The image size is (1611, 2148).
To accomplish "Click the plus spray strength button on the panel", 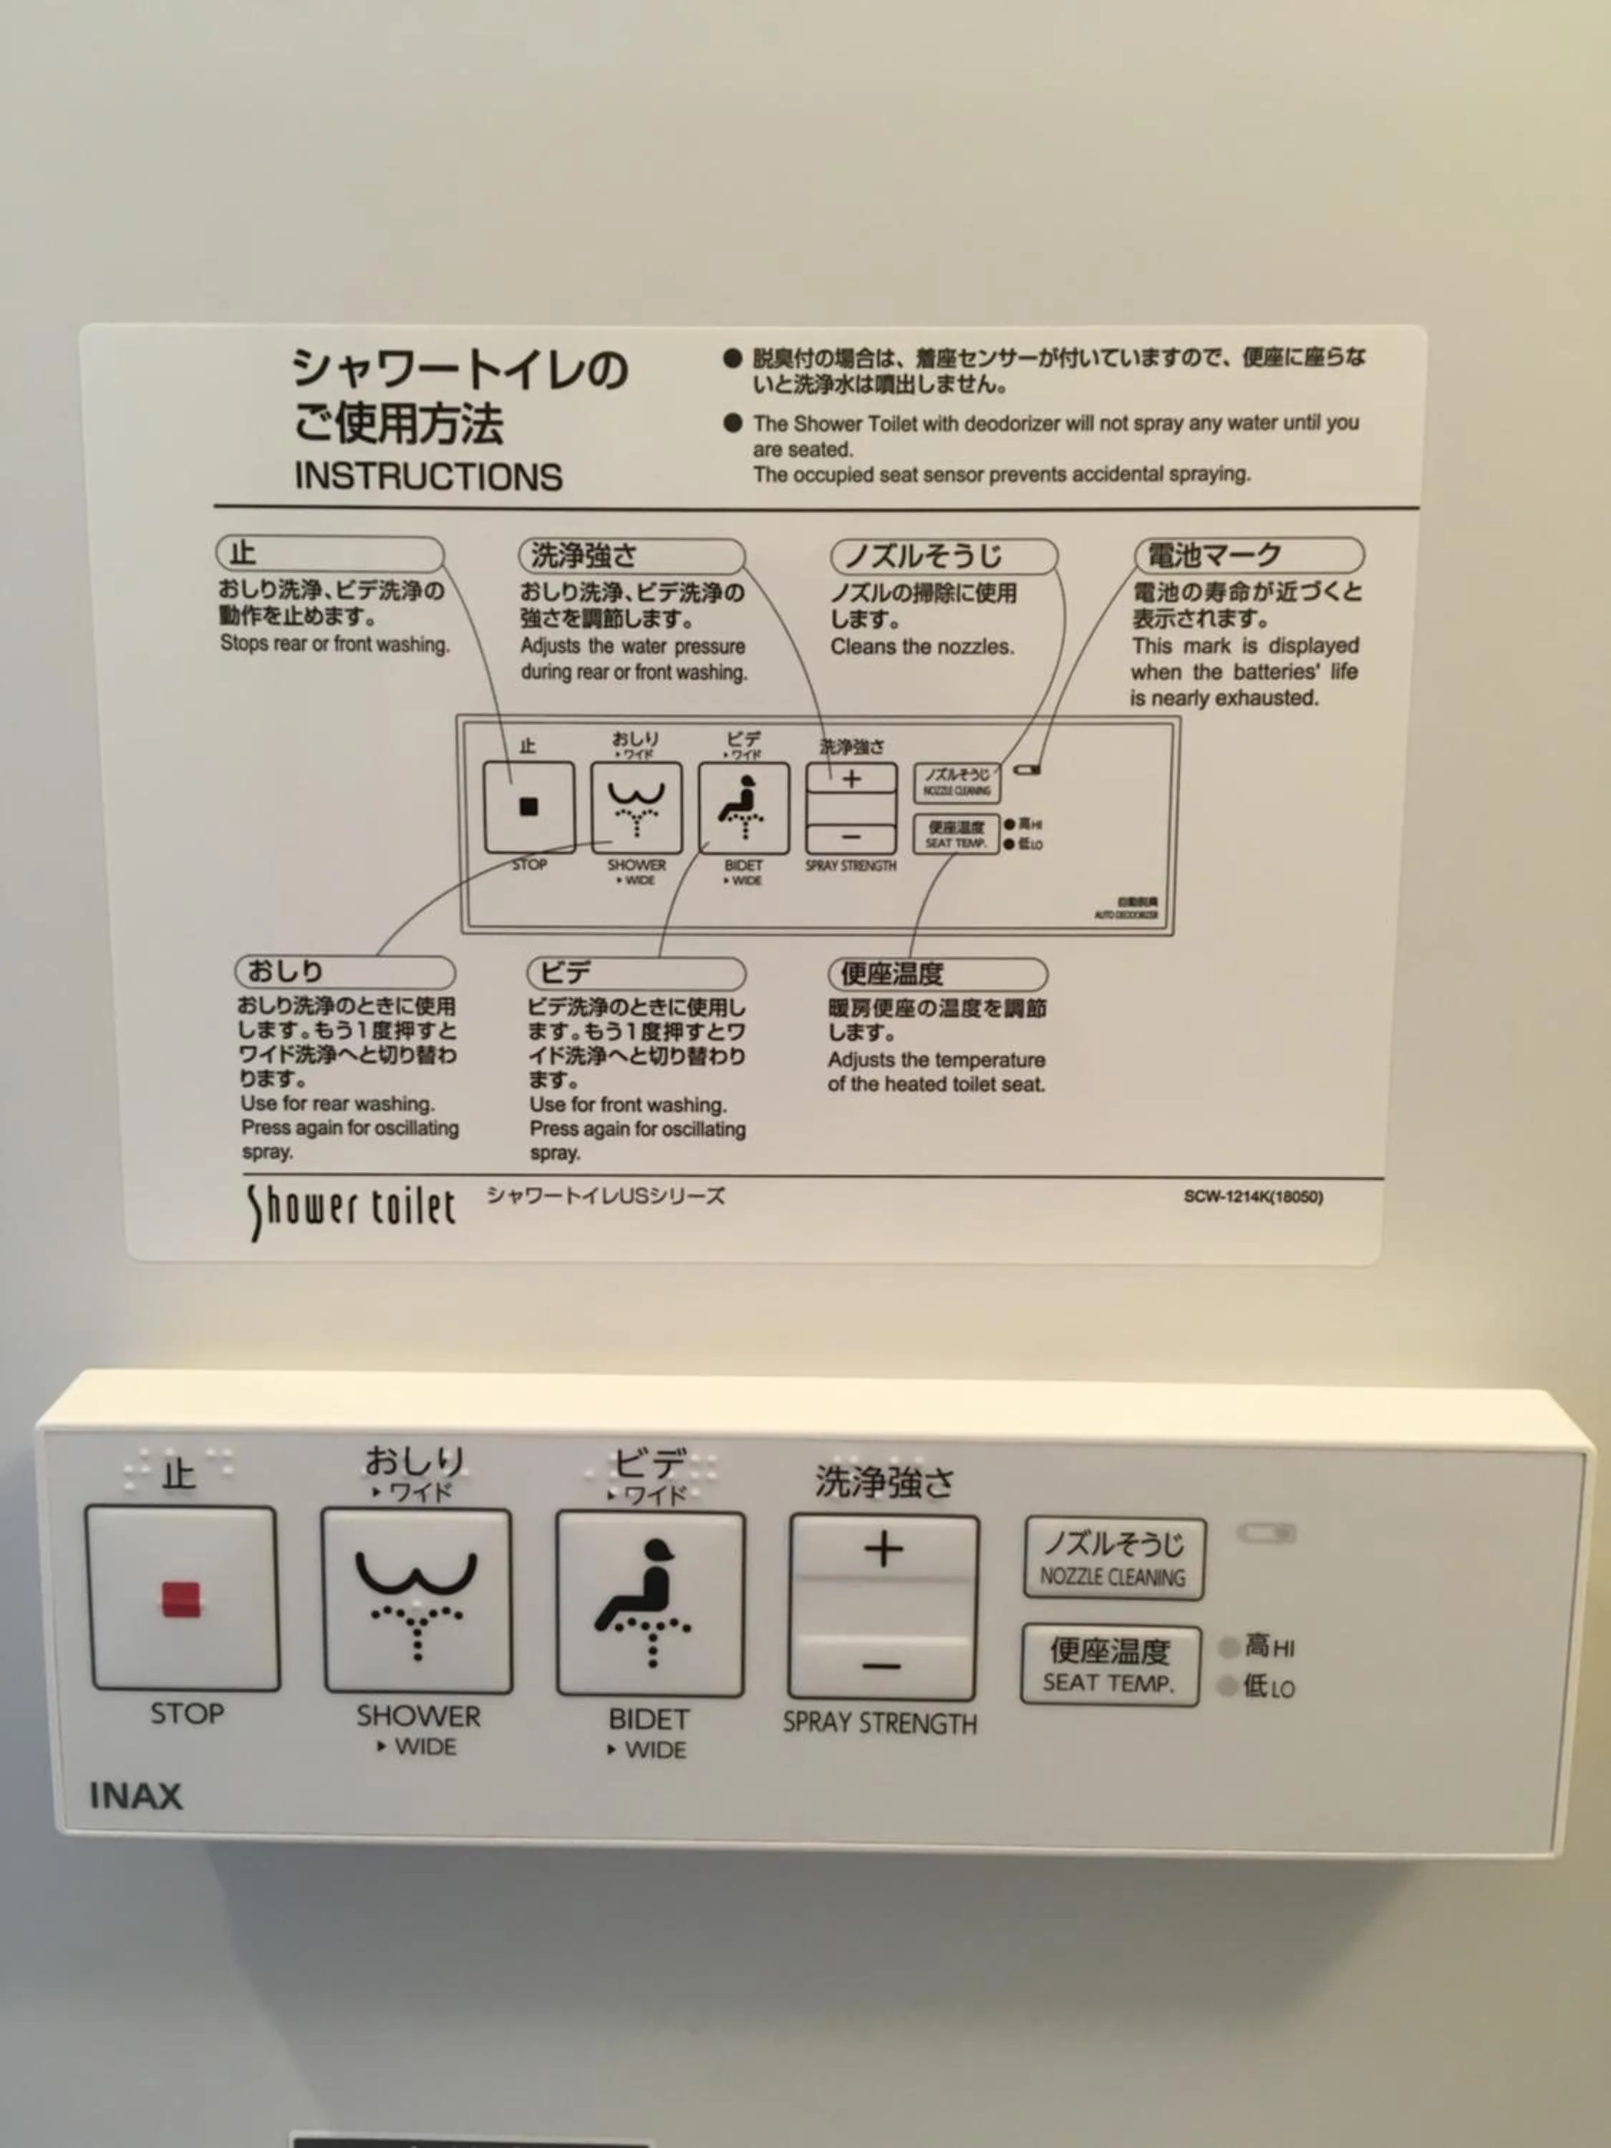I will [x=883, y=1550].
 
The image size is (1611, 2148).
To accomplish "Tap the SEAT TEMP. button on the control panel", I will [x=1110, y=1665].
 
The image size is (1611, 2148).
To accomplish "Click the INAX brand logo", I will [x=136, y=1796].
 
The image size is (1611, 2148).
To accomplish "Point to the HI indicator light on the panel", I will [x=1229, y=1646].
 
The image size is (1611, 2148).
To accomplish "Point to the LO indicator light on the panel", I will [x=1229, y=1685].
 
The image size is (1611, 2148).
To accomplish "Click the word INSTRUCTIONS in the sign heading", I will [x=428, y=476].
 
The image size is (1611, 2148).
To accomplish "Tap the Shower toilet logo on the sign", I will [x=351, y=1208].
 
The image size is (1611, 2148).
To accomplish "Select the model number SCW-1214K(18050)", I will [x=1253, y=1196].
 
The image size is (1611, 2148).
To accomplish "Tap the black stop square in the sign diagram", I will [x=528, y=806].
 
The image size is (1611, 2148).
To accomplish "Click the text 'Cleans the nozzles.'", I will [x=921, y=647].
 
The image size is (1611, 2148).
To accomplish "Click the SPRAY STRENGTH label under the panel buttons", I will [x=880, y=1723].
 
